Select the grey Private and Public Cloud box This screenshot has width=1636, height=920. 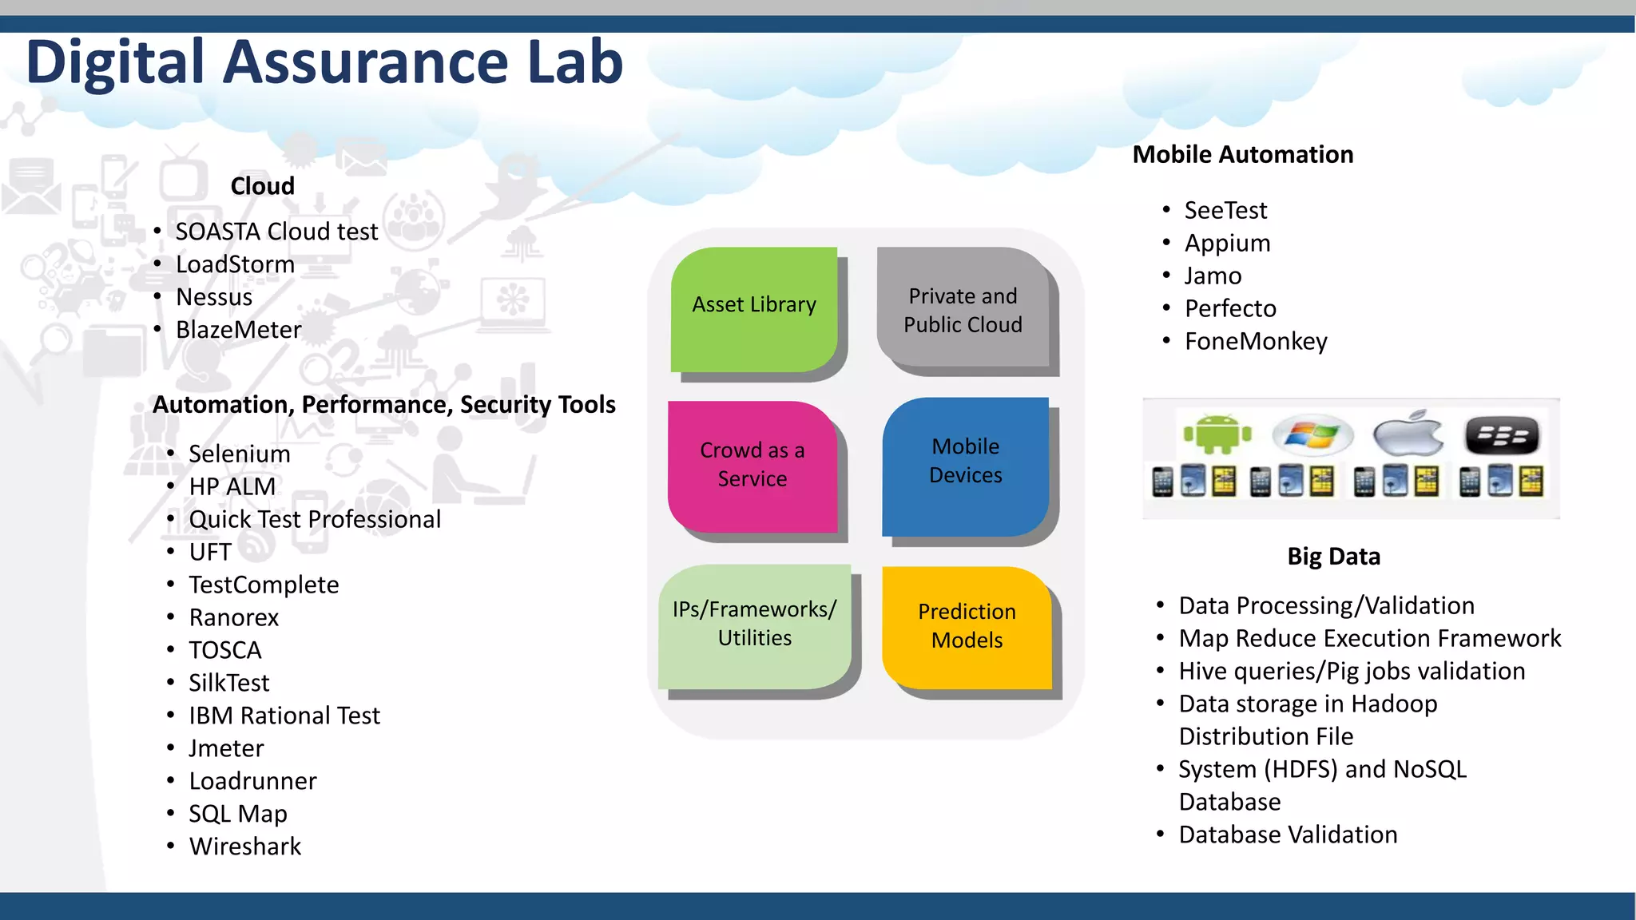[x=963, y=310]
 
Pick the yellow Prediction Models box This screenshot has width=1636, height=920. [x=967, y=626]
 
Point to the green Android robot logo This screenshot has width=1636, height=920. [x=1217, y=434]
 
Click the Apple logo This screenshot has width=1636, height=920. [x=1408, y=434]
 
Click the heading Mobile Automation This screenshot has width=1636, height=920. [x=1243, y=154]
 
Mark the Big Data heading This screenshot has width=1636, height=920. [x=1333, y=557]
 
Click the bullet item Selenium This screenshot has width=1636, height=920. [x=240, y=454]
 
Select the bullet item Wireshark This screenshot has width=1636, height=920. [x=245, y=847]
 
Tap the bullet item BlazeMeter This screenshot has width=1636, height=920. [x=239, y=330]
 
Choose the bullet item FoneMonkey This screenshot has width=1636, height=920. [x=1256, y=342]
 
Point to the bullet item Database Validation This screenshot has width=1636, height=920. [x=1288, y=835]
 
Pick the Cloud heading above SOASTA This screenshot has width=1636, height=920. [x=262, y=186]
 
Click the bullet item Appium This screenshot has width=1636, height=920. [x=1227, y=244]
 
